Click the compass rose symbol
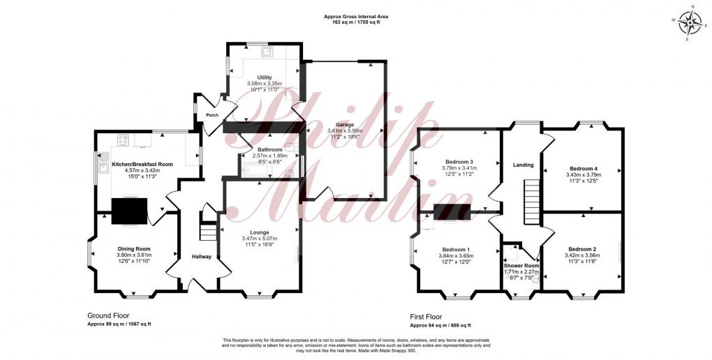pos(691,23)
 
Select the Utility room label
pos(265,77)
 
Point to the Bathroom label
pos(269,149)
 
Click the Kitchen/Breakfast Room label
pos(142,164)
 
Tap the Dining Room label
pos(133,249)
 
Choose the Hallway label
pos(202,257)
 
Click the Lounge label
pos(260,232)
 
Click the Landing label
pos(523,165)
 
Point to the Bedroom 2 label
pos(582,249)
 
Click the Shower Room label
pos(521,266)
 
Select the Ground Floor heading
pos(106,315)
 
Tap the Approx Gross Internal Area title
pos(356,16)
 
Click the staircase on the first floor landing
pos(533,198)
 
